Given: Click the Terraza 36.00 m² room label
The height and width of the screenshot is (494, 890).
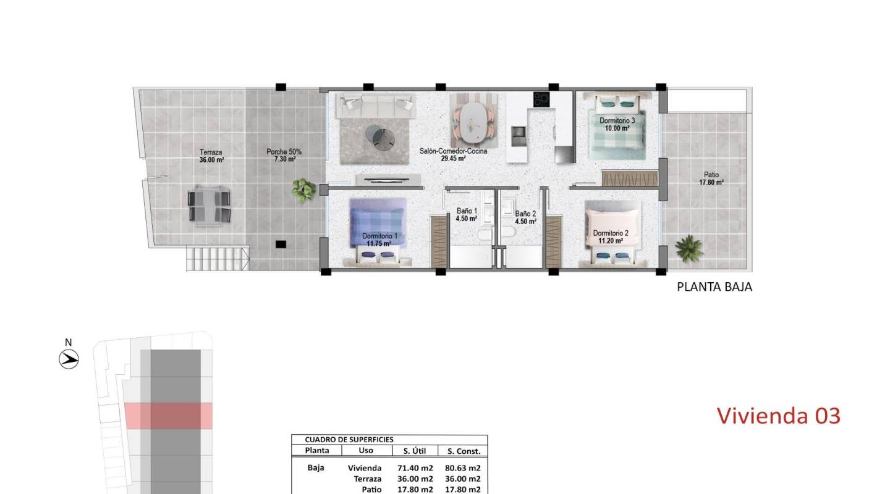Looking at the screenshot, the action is (211, 156).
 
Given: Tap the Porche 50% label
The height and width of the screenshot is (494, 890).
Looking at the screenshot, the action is (284, 152).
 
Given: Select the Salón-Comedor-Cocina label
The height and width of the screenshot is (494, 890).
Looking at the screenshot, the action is (454, 151).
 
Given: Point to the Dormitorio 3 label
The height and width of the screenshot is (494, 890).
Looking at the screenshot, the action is (617, 120).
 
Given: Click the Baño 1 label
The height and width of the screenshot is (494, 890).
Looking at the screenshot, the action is (467, 211).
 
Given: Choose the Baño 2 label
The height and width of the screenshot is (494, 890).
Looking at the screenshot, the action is (525, 214).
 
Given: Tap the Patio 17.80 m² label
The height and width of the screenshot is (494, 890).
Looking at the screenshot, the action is (711, 178).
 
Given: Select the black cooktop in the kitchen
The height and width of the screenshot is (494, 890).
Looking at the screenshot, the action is (541, 99).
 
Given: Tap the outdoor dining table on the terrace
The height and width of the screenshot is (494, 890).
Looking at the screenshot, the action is (209, 206).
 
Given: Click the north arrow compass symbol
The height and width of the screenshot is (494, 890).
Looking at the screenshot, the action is (69, 359).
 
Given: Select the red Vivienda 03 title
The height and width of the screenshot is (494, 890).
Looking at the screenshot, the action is (779, 416).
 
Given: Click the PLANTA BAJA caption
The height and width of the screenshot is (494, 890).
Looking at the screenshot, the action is (714, 287).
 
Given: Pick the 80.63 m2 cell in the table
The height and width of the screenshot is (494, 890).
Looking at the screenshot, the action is (463, 468).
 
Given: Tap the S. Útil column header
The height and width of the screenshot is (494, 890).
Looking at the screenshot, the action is (414, 451).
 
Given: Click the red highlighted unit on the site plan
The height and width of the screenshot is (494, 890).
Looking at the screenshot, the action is (169, 416).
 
